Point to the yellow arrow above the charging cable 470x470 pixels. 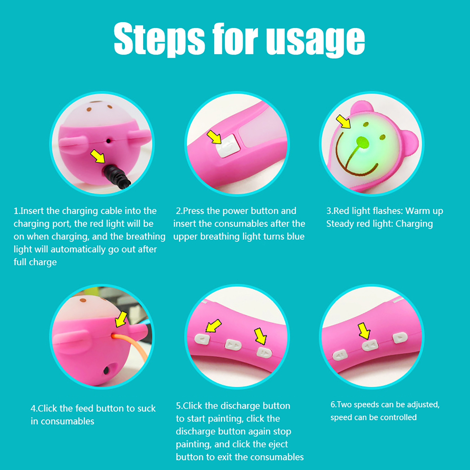98,156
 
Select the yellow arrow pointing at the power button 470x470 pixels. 214,137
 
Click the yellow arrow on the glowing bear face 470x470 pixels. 343,121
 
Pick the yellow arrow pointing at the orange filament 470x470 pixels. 121,319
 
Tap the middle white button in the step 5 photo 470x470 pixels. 233,345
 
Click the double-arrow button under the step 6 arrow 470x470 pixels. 370,345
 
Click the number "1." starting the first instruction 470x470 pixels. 17,211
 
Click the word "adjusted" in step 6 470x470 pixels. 423,405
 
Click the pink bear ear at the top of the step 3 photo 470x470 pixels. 362,106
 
